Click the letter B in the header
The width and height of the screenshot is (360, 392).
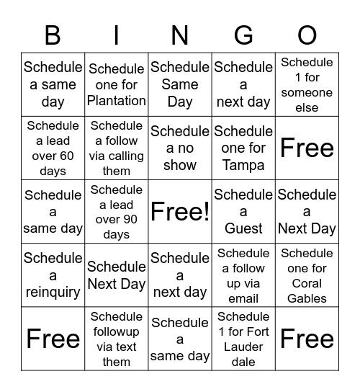[x=53, y=35]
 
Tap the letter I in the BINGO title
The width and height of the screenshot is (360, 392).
[x=117, y=35]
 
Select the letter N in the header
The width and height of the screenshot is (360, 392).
[x=180, y=35]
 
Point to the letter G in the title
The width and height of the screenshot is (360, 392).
[x=243, y=35]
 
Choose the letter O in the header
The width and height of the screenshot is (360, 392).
[x=307, y=35]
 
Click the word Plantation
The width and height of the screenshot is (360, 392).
[x=117, y=101]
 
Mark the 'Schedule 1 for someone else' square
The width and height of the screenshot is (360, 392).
[x=307, y=84]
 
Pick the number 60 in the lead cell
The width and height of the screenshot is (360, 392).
[x=66, y=156]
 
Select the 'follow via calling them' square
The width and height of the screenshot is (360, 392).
[x=117, y=148]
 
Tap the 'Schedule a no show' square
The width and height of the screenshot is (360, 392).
[x=180, y=148]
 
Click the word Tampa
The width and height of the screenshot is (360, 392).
[x=243, y=165]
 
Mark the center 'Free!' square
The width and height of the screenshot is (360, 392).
[x=180, y=211]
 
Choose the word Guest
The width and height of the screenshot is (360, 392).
[x=243, y=228]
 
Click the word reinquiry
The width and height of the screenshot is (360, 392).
[x=53, y=292]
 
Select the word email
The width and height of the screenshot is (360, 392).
[x=243, y=298]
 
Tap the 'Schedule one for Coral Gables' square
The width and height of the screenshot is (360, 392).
[x=307, y=275]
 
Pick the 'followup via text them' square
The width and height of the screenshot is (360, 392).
[x=117, y=339]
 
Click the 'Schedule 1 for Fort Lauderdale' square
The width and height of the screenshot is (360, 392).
[x=243, y=339]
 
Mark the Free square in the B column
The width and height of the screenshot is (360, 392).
[x=53, y=339]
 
